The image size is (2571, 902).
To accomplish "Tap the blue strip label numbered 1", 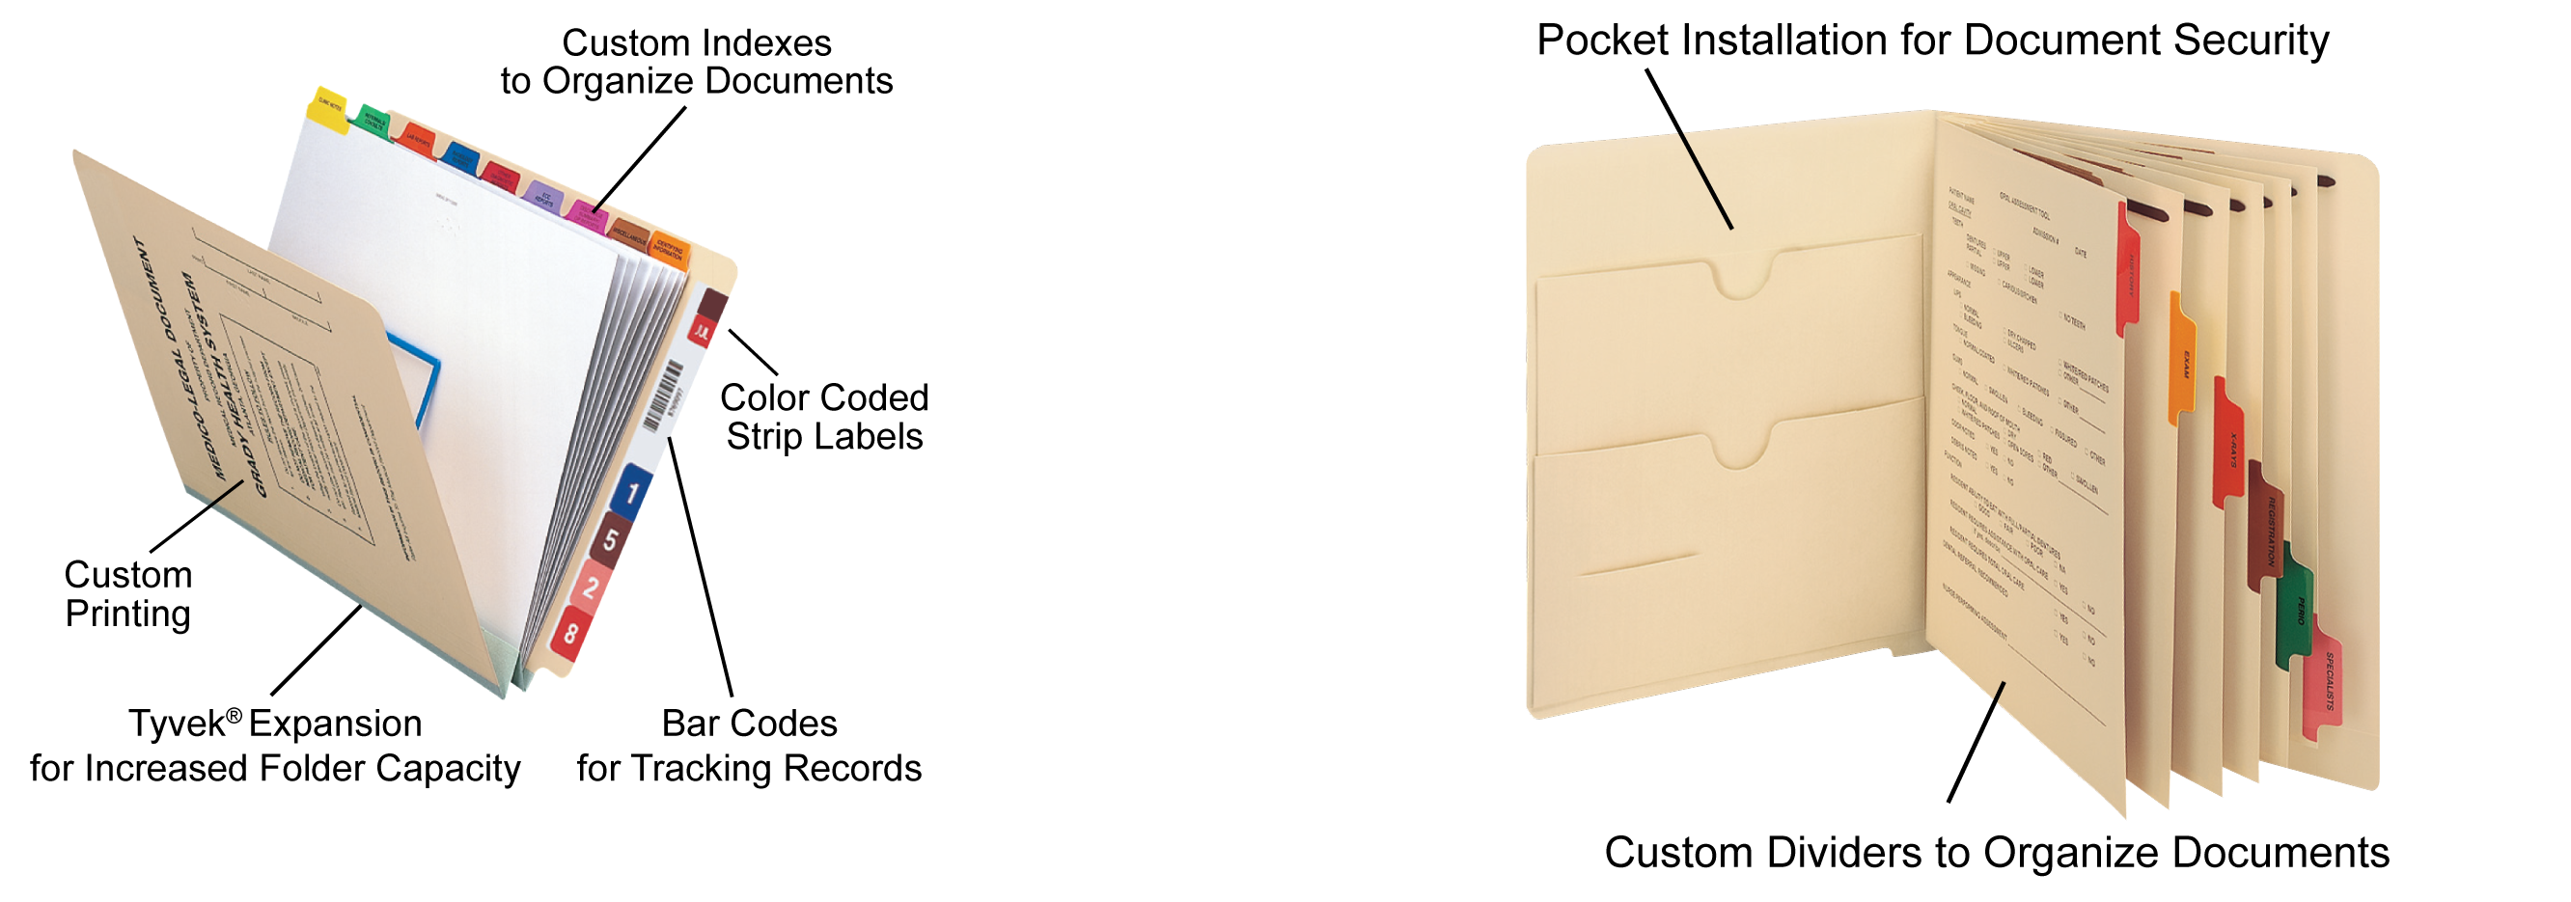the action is click(632, 491).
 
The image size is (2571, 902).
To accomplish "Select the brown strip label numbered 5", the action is click(610, 540).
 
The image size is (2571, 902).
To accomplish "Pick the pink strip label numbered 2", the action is click(590, 587).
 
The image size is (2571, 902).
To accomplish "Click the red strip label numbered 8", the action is click(571, 632).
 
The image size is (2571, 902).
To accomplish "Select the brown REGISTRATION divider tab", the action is click(2268, 529).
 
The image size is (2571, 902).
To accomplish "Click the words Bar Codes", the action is click(749, 724).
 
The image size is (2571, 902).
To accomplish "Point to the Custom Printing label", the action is click(127, 594).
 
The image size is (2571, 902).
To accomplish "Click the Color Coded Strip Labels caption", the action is click(824, 417).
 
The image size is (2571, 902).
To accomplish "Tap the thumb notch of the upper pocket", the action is click(1743, 279).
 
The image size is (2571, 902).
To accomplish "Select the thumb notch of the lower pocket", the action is click(1743, 448).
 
